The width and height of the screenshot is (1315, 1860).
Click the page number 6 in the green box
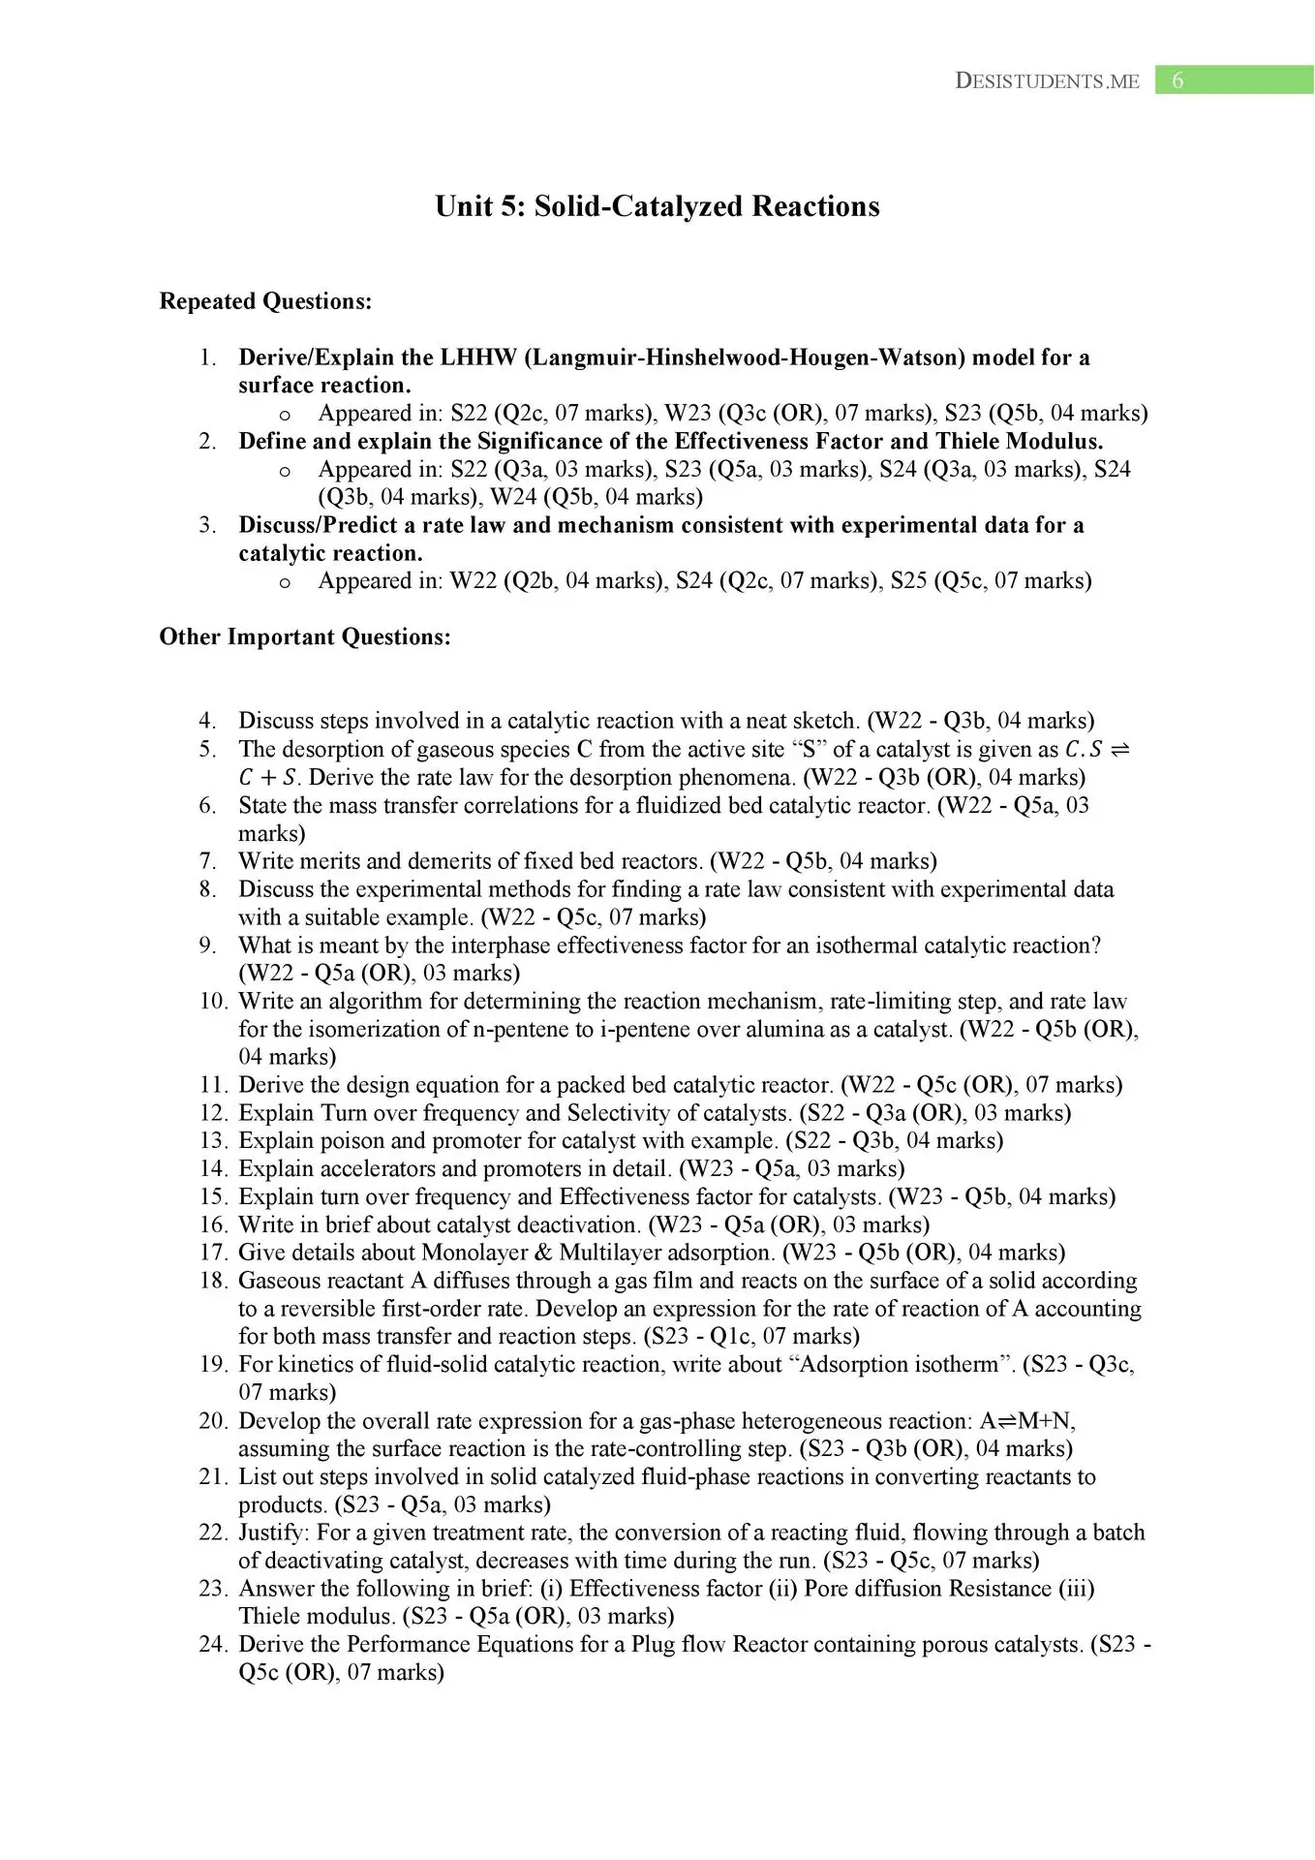1177,80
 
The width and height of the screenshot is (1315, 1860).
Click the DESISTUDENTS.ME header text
1047,81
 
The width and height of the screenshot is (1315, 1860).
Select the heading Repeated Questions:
265,301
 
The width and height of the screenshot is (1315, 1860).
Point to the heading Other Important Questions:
305,637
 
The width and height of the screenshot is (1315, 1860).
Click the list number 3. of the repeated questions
207,525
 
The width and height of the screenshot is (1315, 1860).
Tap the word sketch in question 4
822,721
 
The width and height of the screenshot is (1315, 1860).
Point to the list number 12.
213,1113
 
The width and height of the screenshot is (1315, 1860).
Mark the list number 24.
213,1645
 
